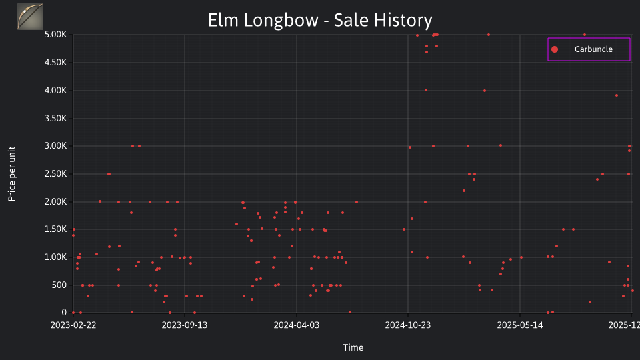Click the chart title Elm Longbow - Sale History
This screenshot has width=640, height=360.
(x=320, y=21)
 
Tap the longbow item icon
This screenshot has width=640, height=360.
(x=30, y=17)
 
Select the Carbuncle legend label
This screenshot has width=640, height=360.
(x=593, y=49)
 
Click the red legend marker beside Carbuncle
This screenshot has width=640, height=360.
(x=555, y=49)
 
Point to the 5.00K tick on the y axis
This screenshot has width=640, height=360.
(x=55, y=35)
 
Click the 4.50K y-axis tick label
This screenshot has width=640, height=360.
(x=55, y=63)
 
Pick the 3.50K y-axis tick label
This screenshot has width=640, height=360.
(x=55, y=119)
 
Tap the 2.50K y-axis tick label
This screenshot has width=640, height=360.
(x=55, y=174)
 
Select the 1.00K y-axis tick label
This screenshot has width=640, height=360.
(x=55, y=257)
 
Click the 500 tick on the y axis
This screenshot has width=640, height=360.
(x=59, y=285)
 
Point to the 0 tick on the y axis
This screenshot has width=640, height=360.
(x=64, y=312)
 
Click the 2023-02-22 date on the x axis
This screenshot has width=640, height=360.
(x=73, y=325)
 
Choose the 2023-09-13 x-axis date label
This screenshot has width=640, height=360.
(x=185, y=325)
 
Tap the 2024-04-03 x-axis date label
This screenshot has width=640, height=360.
(x=296, y=325)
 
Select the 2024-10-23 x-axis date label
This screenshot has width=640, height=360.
(x=408, y=325)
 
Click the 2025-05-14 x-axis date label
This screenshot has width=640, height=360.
(x=520, y=325)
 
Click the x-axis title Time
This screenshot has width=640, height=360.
(x=353, y=348)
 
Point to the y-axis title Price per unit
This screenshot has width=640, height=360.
(x=12, y=174)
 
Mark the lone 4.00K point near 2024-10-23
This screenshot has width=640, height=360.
(x=426, y=90)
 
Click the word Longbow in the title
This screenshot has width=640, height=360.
(x=281, y=21)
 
